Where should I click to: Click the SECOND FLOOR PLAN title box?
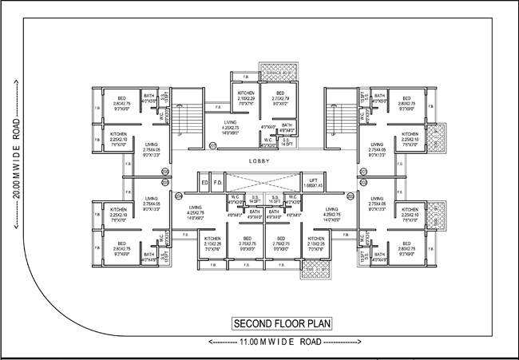281,324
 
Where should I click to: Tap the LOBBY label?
260,160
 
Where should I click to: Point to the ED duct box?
205,183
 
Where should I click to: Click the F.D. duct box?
217,183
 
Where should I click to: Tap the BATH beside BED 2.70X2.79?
287,127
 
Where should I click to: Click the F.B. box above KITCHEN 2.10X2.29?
244,78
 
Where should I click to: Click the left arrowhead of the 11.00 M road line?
208,342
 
